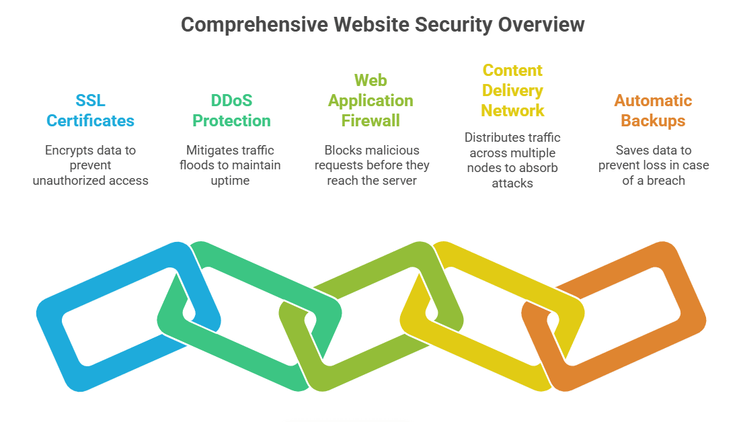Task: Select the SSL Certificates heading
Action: [x=90, y=111]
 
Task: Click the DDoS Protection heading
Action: [x=231, y=111]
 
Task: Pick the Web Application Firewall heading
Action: [x=370, y=101]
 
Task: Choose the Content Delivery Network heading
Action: [x=512, y=90]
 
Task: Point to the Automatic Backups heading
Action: [x=653, y=111]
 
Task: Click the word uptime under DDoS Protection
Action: [x=230, y=181]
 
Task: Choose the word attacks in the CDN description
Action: [x=512, y=183]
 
